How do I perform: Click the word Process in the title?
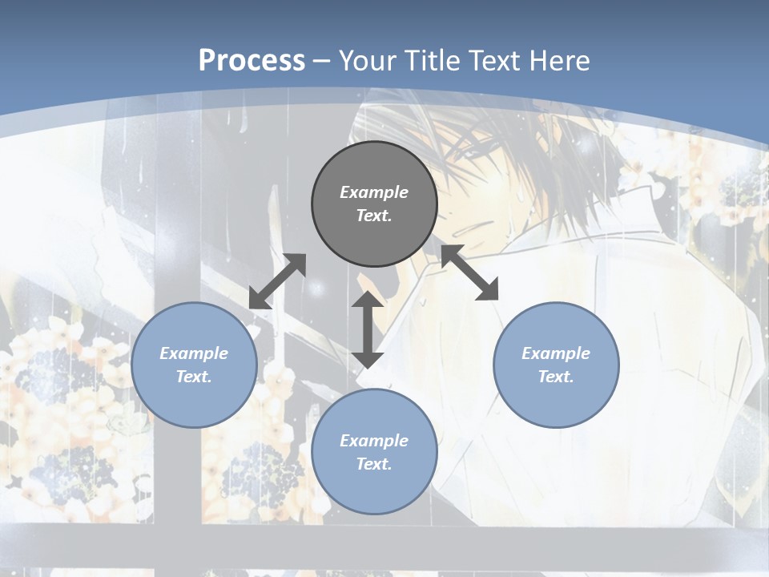coord(252,61)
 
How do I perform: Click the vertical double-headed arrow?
coord(368,329)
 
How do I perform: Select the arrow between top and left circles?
coord(277,281)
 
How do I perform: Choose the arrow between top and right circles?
coord(470,272)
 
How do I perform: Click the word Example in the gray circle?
coord(374,192)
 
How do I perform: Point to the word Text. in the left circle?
coord(194,377)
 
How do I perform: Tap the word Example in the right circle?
coord(556,353)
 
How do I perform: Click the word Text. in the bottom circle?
coord(374,464)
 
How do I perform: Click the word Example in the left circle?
coord(194,353)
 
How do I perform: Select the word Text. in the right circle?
coord(556,377)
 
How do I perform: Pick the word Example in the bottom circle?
coord(374,441)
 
